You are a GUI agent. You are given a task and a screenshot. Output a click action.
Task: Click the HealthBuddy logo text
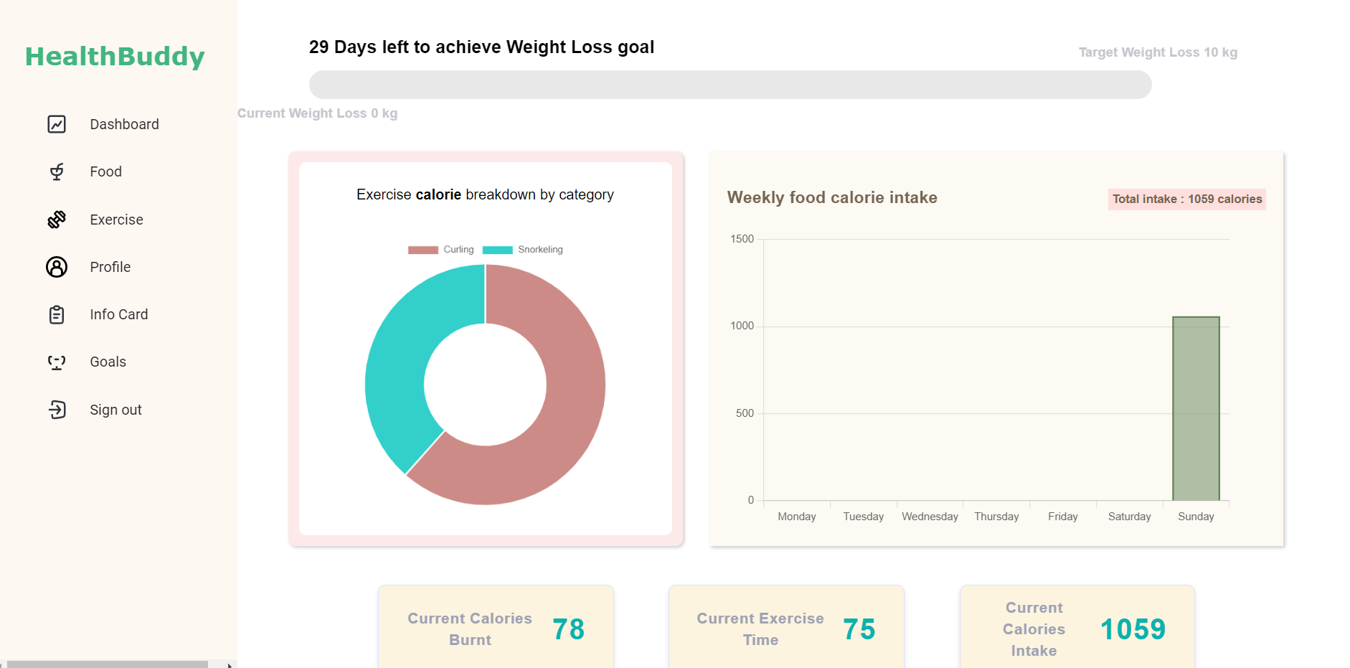[x=115, y=57]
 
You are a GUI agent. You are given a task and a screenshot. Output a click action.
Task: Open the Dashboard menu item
[x=124, y=124]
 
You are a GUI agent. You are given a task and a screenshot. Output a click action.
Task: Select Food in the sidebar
[x=105, y=171]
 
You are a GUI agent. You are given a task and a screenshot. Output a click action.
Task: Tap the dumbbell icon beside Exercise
[x=57, y=220]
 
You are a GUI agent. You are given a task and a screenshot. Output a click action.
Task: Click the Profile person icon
[x=57, y=267]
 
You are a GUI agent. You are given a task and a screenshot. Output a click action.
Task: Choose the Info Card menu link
[x=118, y=314]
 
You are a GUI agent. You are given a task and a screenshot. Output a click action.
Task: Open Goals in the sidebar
[x=108, y=362]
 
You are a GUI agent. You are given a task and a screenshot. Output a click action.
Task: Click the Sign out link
[x=115, y=410]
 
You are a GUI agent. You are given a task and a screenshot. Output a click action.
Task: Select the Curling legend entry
[x=441, y=250]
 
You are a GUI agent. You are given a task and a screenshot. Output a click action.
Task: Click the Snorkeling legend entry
[x=523, y=250]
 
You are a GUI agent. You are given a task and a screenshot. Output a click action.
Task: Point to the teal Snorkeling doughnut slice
[x=395, y=373]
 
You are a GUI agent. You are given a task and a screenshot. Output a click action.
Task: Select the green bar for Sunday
[x=1196, y=409]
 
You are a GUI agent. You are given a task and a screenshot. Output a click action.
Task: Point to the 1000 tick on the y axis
[x=742, y=326]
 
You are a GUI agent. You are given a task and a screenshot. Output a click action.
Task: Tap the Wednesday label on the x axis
[x=930, y=517]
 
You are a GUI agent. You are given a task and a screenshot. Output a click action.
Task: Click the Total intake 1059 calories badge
[x=1186, y=199]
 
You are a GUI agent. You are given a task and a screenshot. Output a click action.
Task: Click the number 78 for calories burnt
[x=568, y=629]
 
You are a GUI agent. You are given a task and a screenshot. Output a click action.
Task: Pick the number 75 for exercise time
[x=859, y=629]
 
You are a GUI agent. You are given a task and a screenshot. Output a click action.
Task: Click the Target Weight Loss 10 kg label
[x=1158, y=52]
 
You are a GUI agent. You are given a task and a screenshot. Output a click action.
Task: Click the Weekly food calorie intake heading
[x=832, y=197]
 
